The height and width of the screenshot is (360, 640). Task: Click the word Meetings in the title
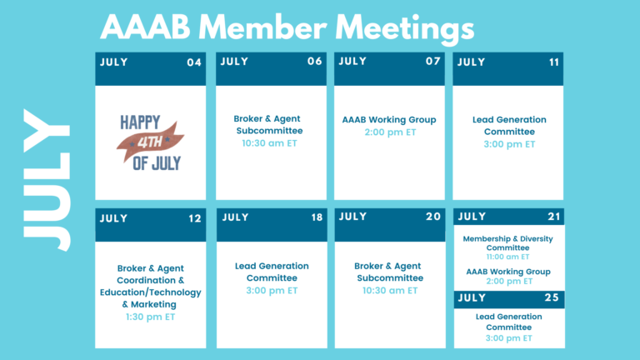pyautogui.click(x=404, y=29)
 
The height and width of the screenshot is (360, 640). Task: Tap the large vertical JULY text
pyautogui.click(x=46, y=180)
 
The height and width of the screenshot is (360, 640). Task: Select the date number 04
pyautogui.click(x=194, y=62)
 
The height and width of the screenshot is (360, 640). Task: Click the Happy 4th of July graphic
pyautogui.click(x=151, y=142)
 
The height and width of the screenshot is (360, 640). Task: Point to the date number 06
pyautogui.click(x=315, y=61)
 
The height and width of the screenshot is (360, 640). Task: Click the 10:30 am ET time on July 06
pyautogui.click(x=269, y=143)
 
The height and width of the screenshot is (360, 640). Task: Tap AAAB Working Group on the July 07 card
pyautogui.click(x=389, y=120)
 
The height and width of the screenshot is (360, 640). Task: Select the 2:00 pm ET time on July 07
pyautogui.click(x=390, y=132)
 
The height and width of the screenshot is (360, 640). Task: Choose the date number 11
pyautogui.click(x=554, y=62)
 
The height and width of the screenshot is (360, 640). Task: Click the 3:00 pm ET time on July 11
pyautogui.click(x=509, y=144)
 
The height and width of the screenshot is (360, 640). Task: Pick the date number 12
pyautogui.click(x=195, y=218)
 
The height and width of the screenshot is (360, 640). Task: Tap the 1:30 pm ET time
pyautogui.click(x=150, y=317)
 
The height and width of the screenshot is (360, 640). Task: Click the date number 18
pyautogui.click(x=317, y=217)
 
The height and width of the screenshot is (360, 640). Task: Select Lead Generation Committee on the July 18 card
pyautogui.click(x=272, y=272)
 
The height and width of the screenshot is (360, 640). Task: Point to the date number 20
pyautogui.click(x=433, y=217)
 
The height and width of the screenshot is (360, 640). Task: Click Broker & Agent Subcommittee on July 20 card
pyautogui.click(x=389, y=272)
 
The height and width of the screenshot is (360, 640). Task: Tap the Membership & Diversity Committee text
pyautogui.click(x=507, y=242)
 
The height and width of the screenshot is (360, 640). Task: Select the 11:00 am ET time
pyautogui.click(x=507, y=257)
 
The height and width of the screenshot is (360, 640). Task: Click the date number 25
pyautogui.click(x=552, y=297)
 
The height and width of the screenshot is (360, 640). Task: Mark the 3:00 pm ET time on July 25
pyautogui.click(x=509, y=338)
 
